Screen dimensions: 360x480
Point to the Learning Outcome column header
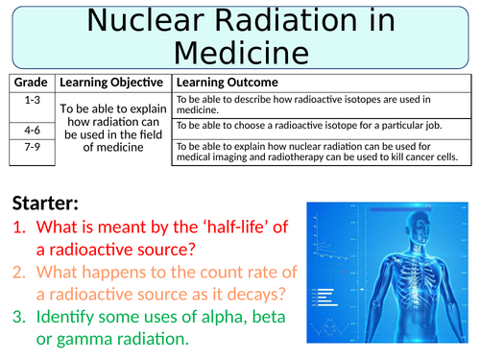pos(227,83)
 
